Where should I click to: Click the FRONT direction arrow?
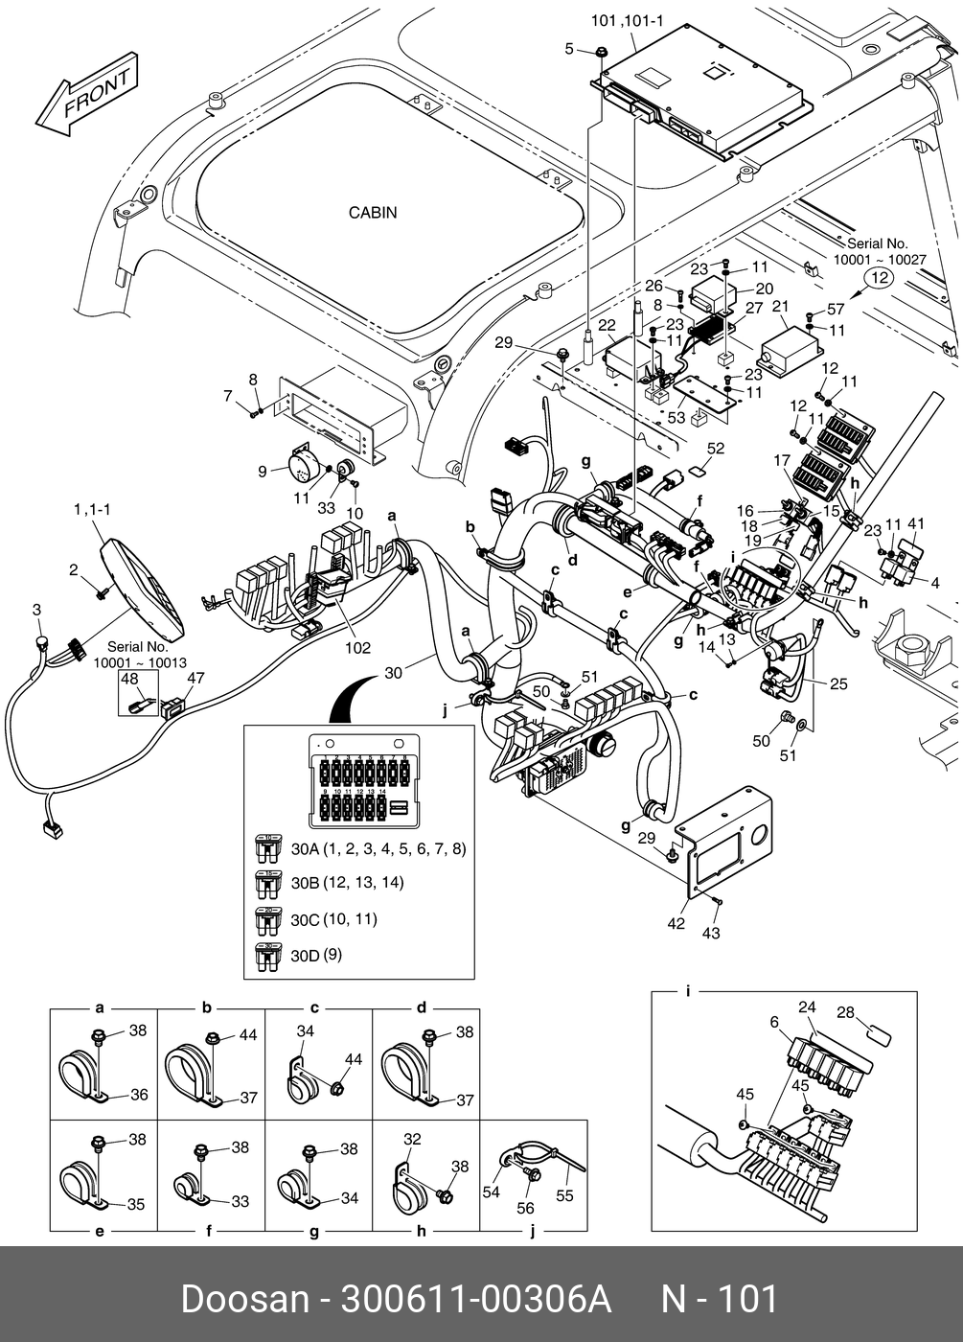86,96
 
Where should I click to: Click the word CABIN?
372,212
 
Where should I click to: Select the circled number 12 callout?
881,278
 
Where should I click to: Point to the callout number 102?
357,647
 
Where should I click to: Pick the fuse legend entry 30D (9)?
316,955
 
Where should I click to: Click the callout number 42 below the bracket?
676,923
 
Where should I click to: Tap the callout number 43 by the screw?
711,933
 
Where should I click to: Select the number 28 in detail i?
844,1012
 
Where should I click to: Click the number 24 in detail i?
807,1006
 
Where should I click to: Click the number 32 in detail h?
412,1139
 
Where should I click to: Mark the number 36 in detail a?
139,1094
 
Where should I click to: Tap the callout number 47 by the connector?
195,678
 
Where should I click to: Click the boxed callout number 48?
130,678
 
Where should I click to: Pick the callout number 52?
715,448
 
